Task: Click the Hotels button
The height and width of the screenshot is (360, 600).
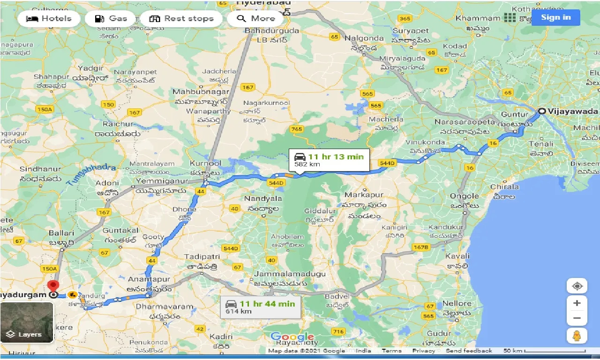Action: click(x=49, y=19)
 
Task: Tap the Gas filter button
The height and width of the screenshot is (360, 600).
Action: click(x=111, y=19)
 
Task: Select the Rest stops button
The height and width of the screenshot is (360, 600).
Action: click(x=181, y=19)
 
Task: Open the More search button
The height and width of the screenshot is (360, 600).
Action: click(x=255, y=19)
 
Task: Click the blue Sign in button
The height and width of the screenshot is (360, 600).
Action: click(x=555, y=18)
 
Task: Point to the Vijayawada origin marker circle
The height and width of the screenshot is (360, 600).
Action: click(x=541, y=112)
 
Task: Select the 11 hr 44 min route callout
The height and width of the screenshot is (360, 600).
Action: click(x=261, y=307)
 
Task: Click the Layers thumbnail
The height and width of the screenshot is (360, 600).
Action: click(x=27, y=322)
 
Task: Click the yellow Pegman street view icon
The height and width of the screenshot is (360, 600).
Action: click(x=577, y=336)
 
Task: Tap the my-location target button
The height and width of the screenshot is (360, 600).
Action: click(x=577, y=286)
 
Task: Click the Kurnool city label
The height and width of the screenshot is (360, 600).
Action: click(x=205, y=164)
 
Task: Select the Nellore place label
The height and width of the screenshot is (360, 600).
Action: click(x=457, y=303)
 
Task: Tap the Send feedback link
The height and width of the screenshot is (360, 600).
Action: click(x=469, y=351)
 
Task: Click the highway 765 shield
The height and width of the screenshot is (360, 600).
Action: click(x=296, y=129)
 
